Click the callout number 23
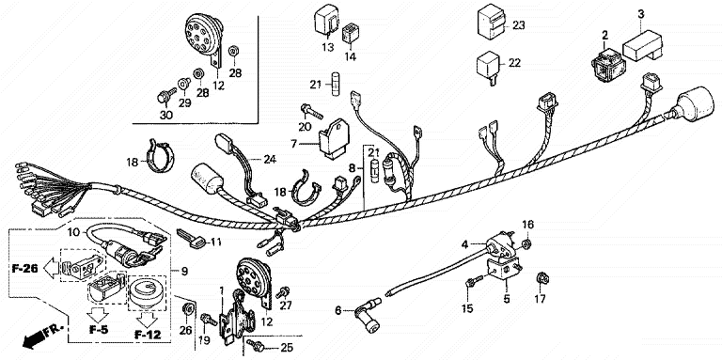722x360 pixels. pos(519,25)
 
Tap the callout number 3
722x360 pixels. pos(641,14)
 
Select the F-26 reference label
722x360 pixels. pos(24,269)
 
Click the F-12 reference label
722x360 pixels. pos(148,335)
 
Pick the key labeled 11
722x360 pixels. pos(192,238)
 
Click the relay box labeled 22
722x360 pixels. pos(489,66)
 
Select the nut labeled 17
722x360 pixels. pos(542,277)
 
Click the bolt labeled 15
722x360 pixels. pos(474,281)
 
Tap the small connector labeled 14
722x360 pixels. pos(351,34)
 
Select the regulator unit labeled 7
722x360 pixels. pos(334,138)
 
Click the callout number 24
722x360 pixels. pos(270,159)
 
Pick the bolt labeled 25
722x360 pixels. pos(255,344)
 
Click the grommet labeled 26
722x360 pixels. pos(187,308)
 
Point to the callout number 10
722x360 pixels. pos(73,231)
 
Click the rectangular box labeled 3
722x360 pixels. pos(642,45)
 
